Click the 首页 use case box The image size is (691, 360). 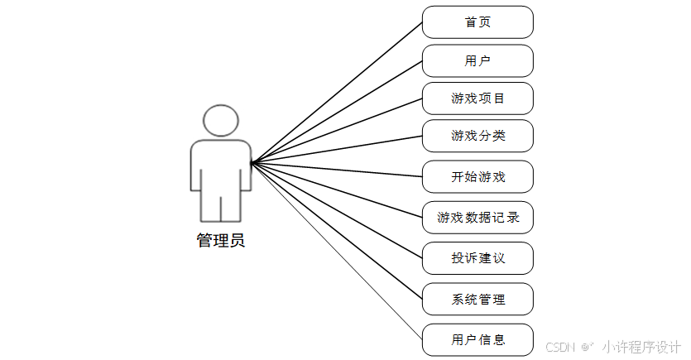tap(477, 22)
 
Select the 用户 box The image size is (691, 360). tap(477, 60)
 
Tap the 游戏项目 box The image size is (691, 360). tap(477, 98)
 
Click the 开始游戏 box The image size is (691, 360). tap(477, 176)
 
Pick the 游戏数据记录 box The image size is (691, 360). tap(477, 218)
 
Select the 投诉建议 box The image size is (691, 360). tap(477, 258)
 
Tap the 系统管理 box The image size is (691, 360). tap(477, 299)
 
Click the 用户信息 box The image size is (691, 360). tap(477, 339)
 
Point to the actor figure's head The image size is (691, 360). tap(220, 121)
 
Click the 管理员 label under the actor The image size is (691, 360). tap(220, 242)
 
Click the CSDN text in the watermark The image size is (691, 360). tap(561, 347)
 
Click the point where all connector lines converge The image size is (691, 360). tap(252, 162)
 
